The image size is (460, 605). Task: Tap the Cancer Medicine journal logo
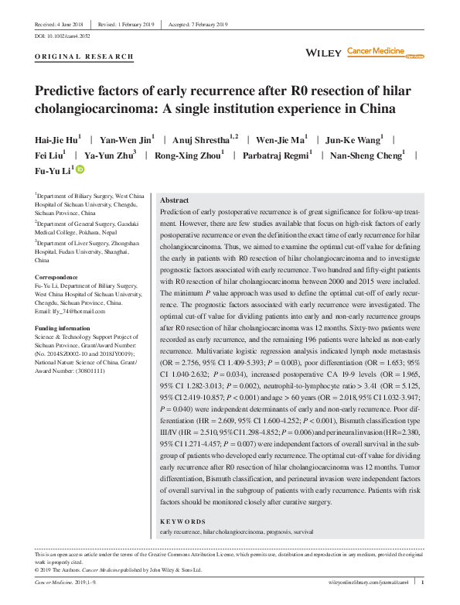(376, 52)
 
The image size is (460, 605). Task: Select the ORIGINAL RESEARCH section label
(85, 56)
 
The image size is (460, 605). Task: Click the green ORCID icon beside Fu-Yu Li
(80, 169)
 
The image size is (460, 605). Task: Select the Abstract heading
(173, 200)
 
